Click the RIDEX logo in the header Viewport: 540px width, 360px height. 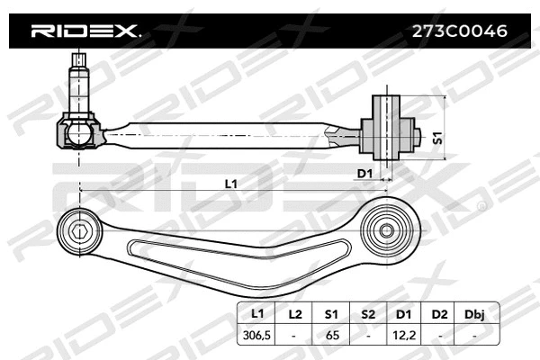pos(86,31)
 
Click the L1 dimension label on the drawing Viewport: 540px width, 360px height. pos(231,184)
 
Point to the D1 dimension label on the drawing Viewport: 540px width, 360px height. pos(364,172)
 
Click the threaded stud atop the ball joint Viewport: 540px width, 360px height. pos(78,77)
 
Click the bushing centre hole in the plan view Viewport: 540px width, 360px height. pos(386,229)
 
